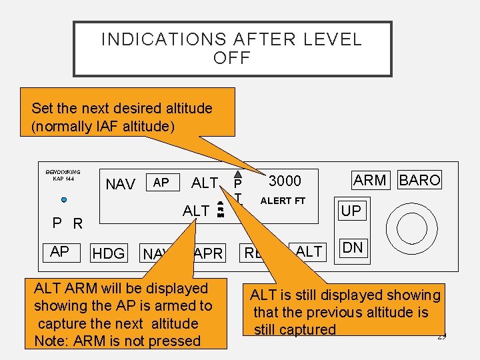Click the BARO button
click(419, 180)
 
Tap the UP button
click(351, 211)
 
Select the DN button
click(352, 248)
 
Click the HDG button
click(109, 253)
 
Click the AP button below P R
click(59, 251)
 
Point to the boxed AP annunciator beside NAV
click(161, 182)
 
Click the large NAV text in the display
click(121, 184)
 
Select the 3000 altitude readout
click(285, 181)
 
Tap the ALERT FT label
click(283, 201)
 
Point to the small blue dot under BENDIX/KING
click(63, 200)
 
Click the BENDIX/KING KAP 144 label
click(63, 175)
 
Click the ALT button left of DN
click(309, 251)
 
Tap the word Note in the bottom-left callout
click(51, 341)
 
